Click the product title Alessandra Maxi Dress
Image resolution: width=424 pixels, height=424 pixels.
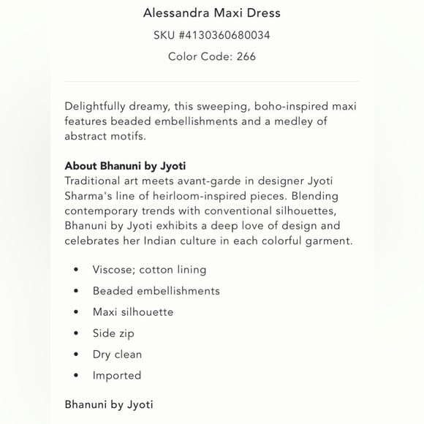[212, 13]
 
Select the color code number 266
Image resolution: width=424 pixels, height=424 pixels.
[246, 56]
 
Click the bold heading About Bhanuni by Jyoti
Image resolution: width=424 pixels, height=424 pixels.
[125, 165]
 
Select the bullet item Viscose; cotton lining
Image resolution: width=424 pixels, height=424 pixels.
[149, 270]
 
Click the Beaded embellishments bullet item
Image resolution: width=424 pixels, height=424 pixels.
[156, 291]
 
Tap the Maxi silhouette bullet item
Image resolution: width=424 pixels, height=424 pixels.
[133, 312]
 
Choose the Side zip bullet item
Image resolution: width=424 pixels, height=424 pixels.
[113, 333]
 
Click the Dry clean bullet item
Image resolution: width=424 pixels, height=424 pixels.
[117, 355]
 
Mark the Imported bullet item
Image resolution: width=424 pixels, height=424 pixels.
[117, 376]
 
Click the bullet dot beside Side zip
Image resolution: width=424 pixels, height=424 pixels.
[76, 333]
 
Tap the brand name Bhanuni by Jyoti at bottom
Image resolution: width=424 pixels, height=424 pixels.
[109, 404]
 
